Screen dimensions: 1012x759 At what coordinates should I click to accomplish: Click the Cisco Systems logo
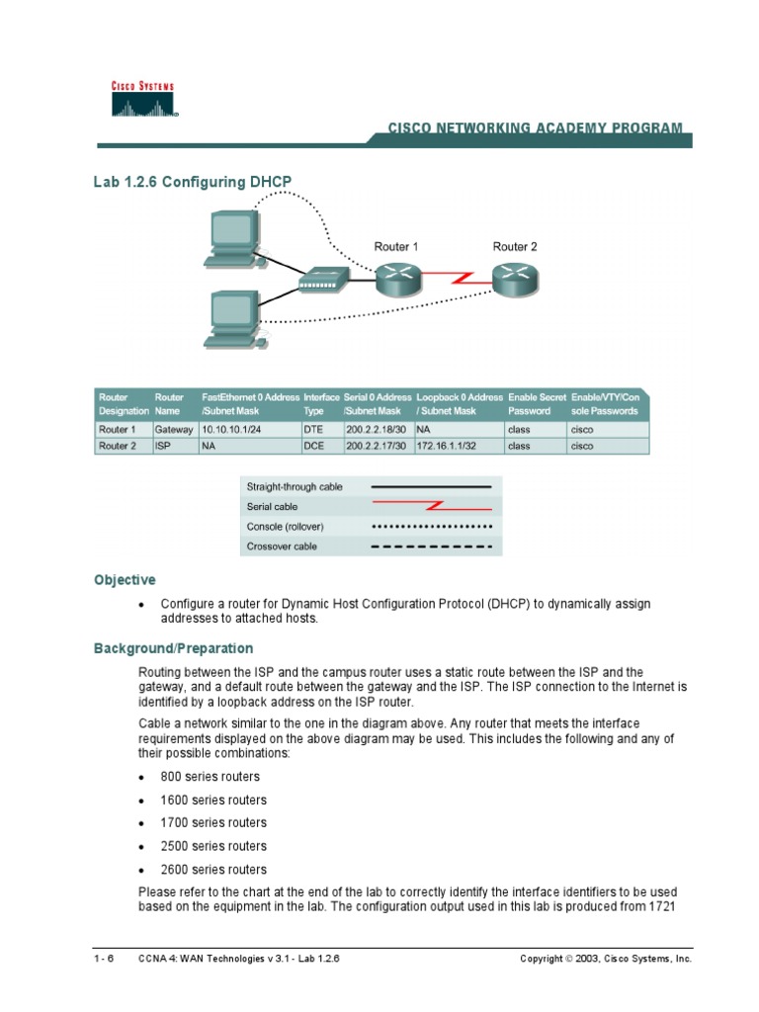coord(142,99)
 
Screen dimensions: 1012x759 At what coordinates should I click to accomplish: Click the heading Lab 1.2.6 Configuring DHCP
coord(193,181)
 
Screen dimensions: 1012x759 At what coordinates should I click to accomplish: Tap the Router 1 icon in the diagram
coord(399,281)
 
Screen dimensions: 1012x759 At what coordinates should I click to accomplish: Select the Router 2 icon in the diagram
coord(515,281)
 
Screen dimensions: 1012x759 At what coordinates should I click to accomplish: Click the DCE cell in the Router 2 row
coord(314,446)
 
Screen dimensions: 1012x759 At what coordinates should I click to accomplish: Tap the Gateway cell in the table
coord(175,430)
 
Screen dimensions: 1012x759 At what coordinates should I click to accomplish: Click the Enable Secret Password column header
coord(537,403)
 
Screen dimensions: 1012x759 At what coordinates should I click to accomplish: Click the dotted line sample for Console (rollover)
coord(431,526)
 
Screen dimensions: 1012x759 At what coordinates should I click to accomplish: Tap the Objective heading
coord(125,580)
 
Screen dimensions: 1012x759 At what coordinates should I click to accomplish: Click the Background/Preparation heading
coord(173,648)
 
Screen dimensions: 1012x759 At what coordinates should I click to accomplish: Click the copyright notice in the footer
coord(606,959)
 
